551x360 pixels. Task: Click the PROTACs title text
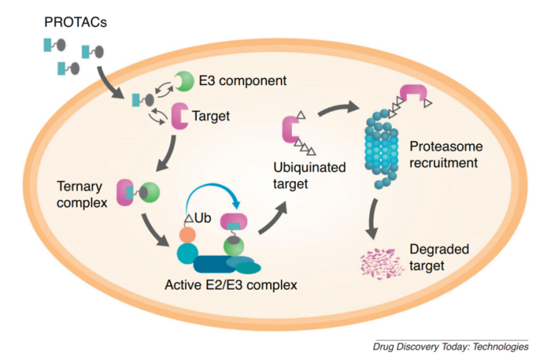pyautogui.click(x=75, y=22)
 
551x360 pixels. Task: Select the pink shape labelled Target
pyautogui.click(x=178, y=116)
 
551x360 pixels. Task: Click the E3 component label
pyautogui.click(x=243, y=81)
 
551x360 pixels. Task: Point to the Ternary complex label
pyautogui.click(x=82, y=194)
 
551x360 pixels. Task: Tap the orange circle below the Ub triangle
pyautogui.click(x=187, y=234)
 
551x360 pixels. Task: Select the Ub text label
pyautogui.click(x=203, y=218)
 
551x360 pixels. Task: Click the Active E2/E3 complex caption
pyautogui.click(x=231, y=285)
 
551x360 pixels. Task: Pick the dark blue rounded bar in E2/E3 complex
pyautogui.click(x=215, y=265)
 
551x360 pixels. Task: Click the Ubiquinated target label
pyautogui.click(x=310, y=175)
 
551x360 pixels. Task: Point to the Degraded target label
pyautogui.click(x=439, y=257)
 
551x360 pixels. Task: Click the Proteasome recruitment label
pyautogui.click(x=446, y=154)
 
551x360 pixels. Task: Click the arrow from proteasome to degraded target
pyautogui.click(x=373, y=219)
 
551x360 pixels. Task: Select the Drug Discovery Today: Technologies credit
pyautogui.click(x=450, y=347)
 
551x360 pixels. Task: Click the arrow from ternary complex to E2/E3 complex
pyautogui.click(x=154, y=230)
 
